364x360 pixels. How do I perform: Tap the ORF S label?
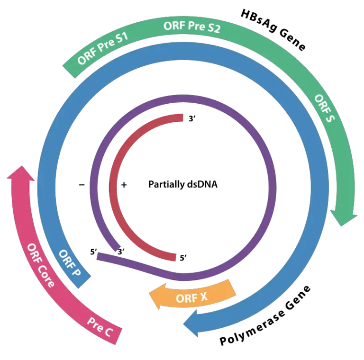[x=325, y=108]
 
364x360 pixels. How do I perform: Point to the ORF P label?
[x=69, y=263]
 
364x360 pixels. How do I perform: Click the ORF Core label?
[x=40, y=266]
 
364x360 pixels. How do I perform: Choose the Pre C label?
[x=100, y=326]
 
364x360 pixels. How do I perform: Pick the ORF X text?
[x=191, y=298]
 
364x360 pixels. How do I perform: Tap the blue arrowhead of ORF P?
[x=192, y=324]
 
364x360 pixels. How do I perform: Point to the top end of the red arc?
[x=182, y=118]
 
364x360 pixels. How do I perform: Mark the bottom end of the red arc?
[x=175, y=257]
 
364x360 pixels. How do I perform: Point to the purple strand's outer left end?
[x=98, y=256]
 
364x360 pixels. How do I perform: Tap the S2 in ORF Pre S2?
[x=213, y=28]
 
